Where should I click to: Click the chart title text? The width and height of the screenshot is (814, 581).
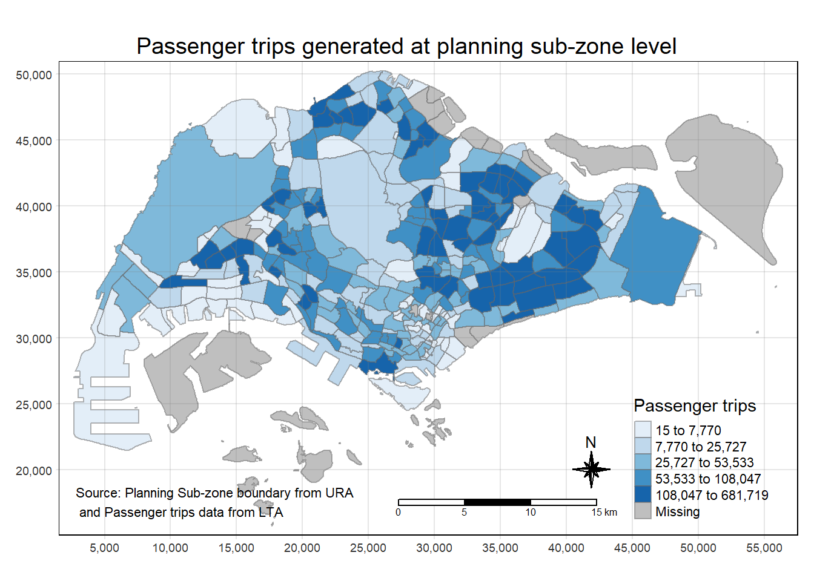(x=406, y=47)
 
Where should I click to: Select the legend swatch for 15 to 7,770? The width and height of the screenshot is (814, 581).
(x=643, y=430)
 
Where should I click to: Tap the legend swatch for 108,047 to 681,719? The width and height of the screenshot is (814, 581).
(x=643, y=494)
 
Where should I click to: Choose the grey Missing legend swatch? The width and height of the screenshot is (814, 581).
(x=643, y=511)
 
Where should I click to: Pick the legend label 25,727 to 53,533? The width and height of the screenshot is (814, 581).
(x=704, y=463)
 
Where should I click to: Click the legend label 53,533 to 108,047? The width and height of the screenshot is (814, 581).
(x=708, y=479)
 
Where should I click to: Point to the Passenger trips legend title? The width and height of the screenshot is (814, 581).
(x=695, y=405)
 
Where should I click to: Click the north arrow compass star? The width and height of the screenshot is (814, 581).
(x=591, y=469)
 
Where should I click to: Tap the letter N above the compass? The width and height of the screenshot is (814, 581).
(x=591, y=442)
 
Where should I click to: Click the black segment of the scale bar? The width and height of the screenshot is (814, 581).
(x=497, y=502)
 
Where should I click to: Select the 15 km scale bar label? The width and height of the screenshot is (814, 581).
(x=604, y=513)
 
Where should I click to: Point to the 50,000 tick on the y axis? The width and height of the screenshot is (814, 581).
(x=34, y=75)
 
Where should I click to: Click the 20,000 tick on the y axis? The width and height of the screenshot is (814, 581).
(x=34, y=471)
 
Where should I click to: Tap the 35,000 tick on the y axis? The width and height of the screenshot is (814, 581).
(x=34, y=273)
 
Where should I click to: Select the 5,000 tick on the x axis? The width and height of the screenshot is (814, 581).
(x=104, y=548)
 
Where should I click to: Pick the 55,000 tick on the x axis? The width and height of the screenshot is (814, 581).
(x=764, y=548)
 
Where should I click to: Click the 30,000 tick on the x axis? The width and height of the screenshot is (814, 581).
(x=434, y=548)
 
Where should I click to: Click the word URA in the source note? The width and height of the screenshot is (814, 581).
(x=339, y=493)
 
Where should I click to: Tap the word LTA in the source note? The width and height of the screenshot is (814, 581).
(x=270, y=513)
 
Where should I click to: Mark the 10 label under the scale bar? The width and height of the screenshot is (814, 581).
(x=531, y=513)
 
